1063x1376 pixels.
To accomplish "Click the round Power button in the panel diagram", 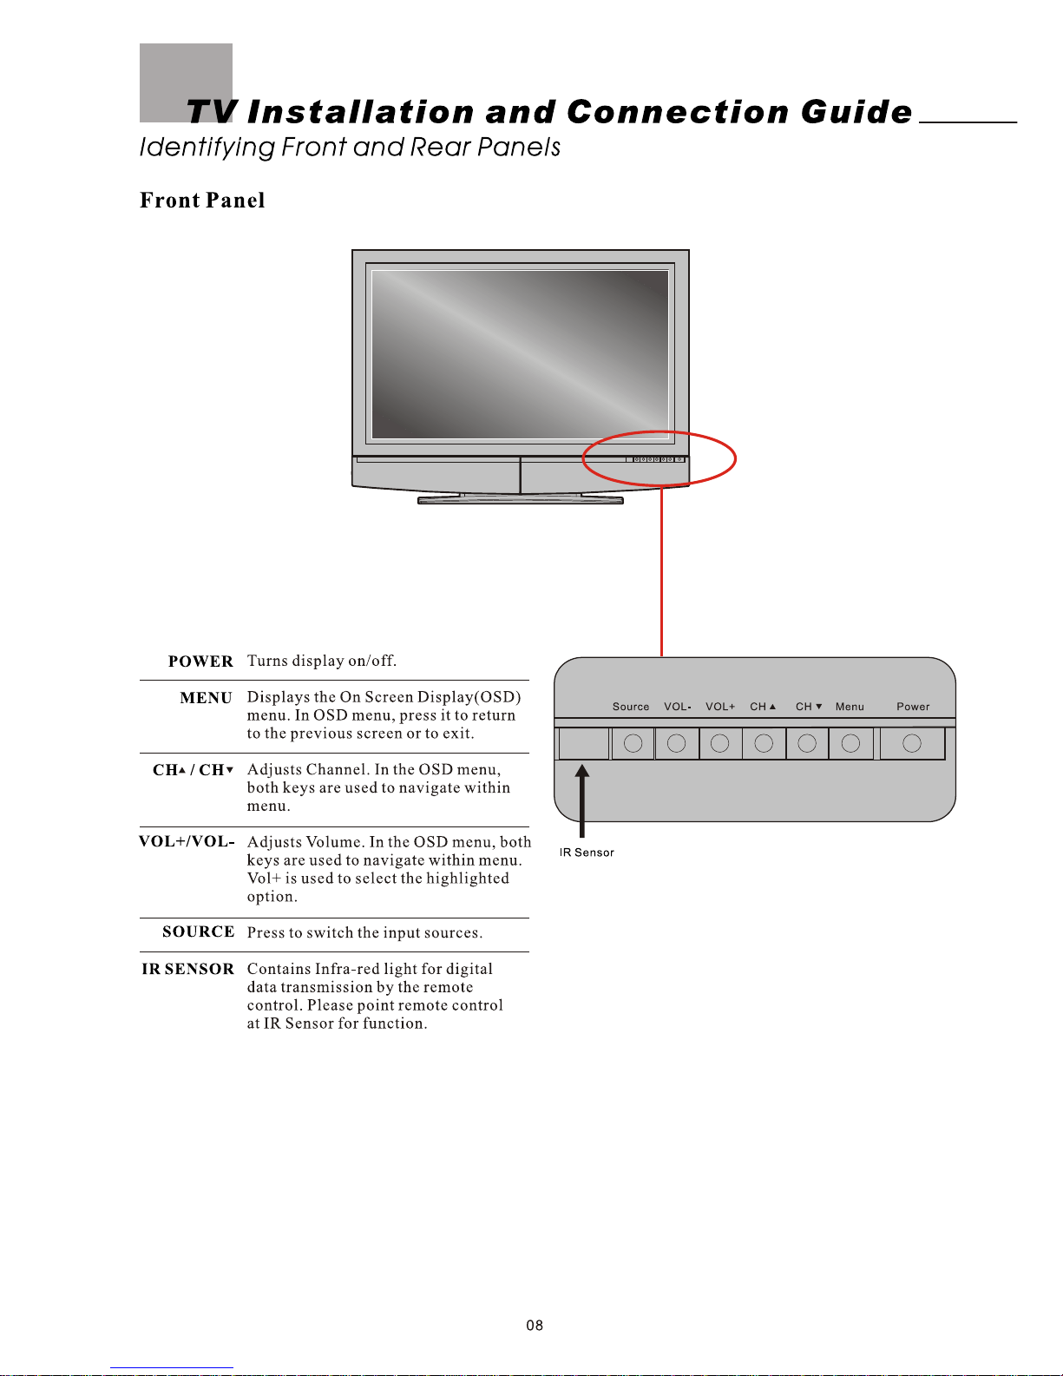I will (911, 743).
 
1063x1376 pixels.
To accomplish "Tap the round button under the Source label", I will (633, 743).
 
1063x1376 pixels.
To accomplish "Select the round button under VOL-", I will (677, 743).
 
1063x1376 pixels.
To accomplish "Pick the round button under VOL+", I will (719, 743).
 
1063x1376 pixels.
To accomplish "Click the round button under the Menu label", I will (850, 743).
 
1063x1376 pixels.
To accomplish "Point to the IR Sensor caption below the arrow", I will (587, 853).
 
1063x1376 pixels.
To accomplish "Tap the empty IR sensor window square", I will (583, 743).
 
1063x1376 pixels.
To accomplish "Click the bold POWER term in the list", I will (200, 662).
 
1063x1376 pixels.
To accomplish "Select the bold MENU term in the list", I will (206, 698).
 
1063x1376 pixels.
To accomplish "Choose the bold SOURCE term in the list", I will (198, 932).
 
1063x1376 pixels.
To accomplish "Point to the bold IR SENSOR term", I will (187, 969).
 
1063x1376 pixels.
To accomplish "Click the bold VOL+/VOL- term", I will (187, 841).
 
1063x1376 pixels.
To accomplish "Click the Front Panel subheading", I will (202, 201).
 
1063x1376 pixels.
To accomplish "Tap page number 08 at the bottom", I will (535, 1326).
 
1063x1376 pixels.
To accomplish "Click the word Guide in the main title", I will (856, 112).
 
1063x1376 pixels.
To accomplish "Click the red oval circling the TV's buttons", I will (734, 458).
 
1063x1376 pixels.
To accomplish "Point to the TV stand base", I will (521, 500).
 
